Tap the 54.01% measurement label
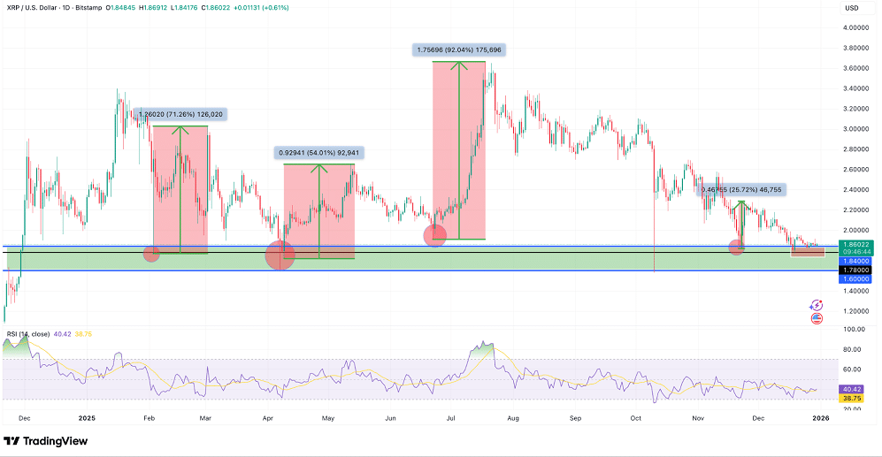(x=318, y=152)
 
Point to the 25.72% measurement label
(x=741, y=189)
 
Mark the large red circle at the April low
(x=281, y=257)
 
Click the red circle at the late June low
(x=435, y=235)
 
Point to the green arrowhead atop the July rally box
(x=458, y=64)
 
